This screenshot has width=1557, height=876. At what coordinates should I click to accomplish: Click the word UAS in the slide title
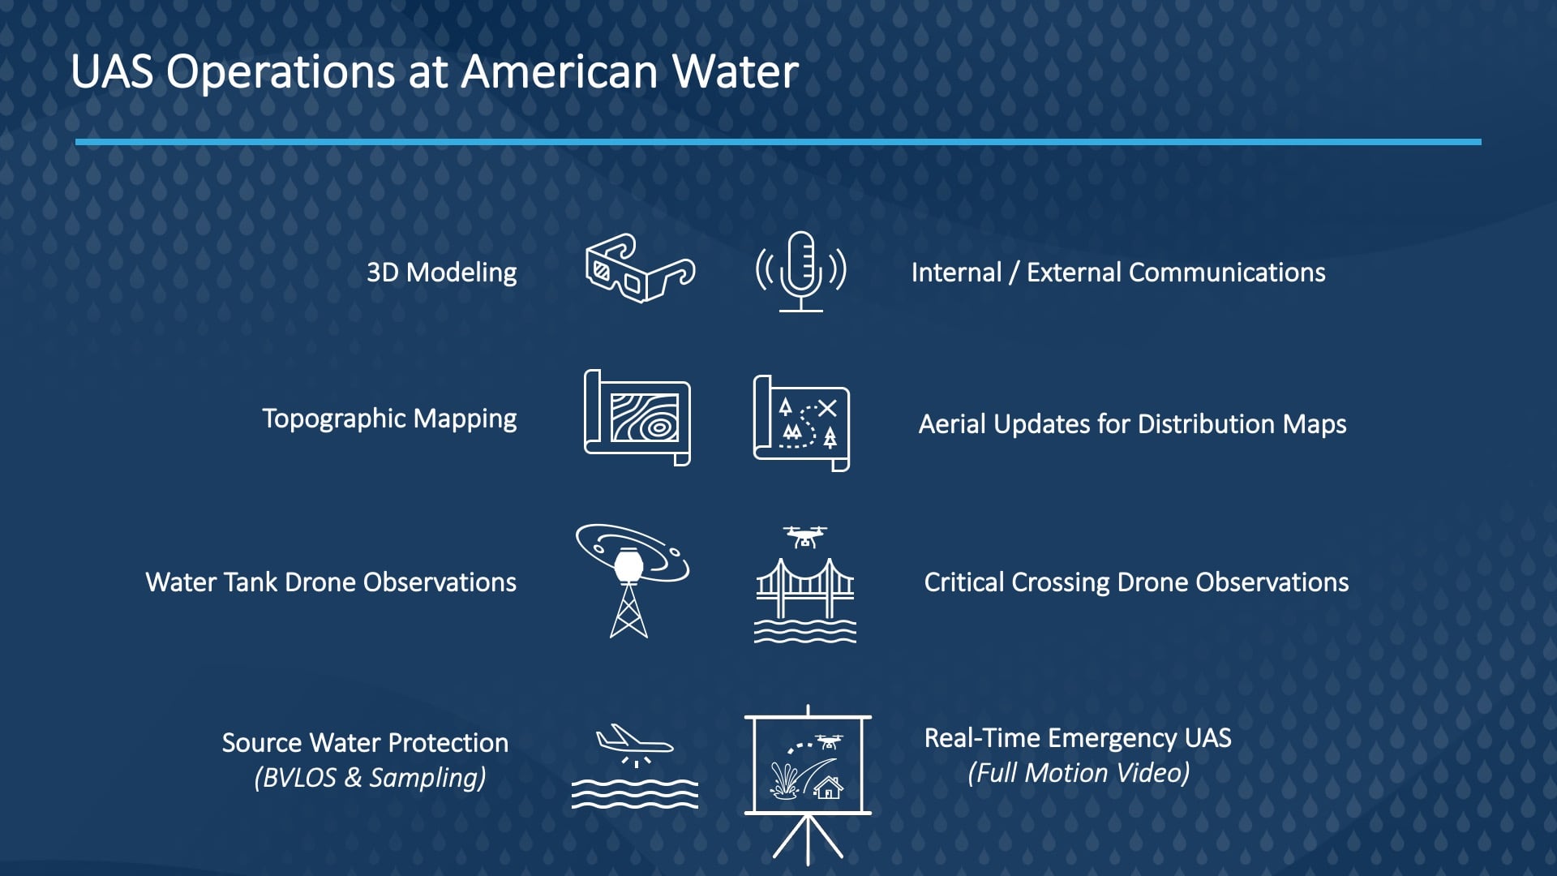point(112,71)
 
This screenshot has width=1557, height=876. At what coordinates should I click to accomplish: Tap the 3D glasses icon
point(640,268)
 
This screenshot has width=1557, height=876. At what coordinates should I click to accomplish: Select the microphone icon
point(801,272)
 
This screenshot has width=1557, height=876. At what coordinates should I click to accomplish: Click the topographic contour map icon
point(637,418)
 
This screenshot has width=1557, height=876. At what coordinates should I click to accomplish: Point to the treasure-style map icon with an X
point(801,423)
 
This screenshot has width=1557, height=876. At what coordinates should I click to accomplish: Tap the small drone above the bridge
point(804,536)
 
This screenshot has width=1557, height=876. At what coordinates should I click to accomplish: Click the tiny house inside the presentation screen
point(828,787)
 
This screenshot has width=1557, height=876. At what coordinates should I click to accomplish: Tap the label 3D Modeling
point(441,273)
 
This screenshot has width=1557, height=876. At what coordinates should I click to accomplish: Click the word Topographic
point(333,419)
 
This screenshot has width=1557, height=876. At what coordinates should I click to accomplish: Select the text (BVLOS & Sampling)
point(370,778)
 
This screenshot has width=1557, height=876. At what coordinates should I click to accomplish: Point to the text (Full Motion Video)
point(1079,773)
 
